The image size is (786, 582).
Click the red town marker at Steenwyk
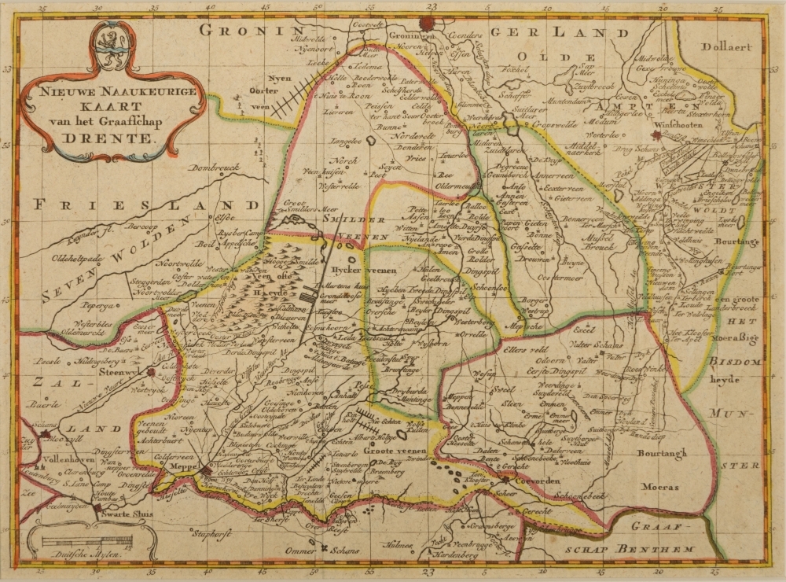click(149, 373)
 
